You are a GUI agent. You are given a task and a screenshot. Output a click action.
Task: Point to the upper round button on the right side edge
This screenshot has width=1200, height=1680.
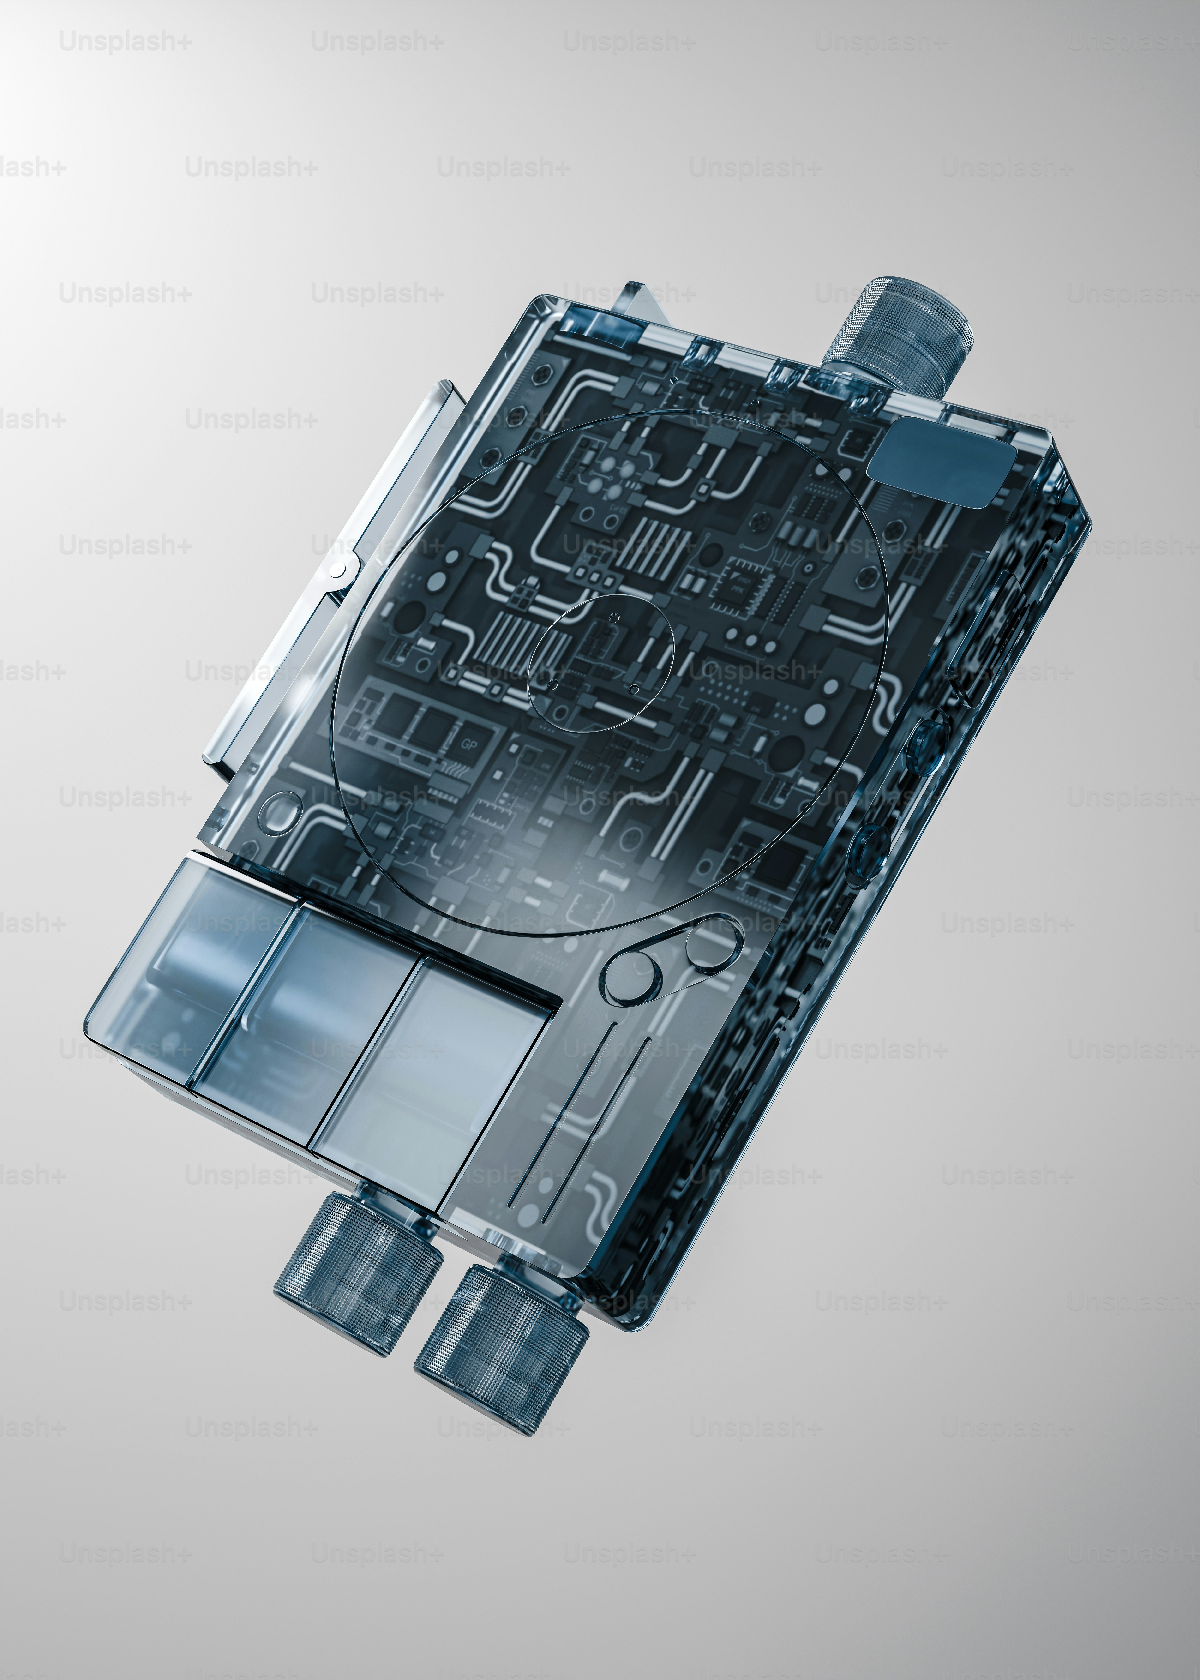(927, 739)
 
